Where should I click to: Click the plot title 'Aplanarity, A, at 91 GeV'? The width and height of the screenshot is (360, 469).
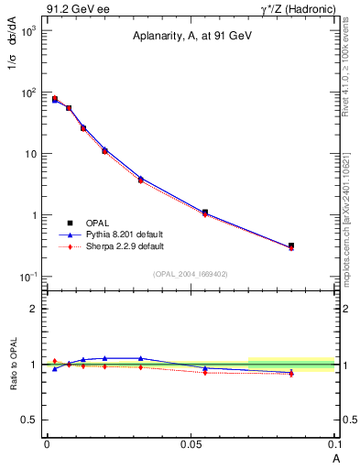191,36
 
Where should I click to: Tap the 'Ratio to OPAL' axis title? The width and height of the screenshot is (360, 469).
13,364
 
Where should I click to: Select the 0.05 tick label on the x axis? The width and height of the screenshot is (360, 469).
191,444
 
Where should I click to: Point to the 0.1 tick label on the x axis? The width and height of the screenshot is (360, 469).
336,444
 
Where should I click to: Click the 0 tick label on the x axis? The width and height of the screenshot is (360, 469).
47,444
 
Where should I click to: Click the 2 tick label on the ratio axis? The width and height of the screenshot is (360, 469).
34,309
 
